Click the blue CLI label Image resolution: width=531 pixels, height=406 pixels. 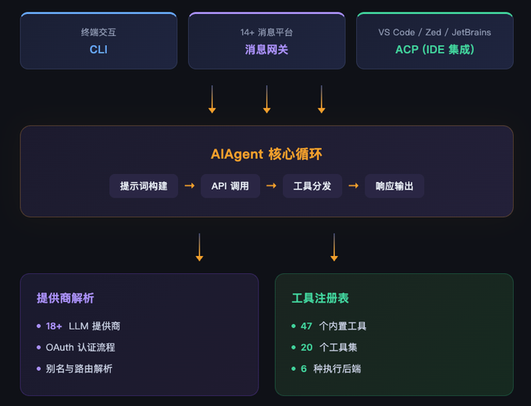click(x=98, y=49)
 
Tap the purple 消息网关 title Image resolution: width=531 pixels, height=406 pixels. click(x=266, y=49)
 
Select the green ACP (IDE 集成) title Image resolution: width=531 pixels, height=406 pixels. click(x=434, y=49)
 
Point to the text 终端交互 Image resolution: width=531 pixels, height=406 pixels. click(x=98, y=32)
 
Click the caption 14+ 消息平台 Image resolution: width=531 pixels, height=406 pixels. click(x=266, y=32)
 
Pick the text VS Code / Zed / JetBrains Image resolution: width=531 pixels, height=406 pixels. click(x=434, y=32)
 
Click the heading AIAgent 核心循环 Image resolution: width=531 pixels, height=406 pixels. click(x=266, y=154)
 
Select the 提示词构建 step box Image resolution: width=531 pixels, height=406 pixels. click(x=144, y=186)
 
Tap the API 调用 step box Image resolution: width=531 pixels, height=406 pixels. click(x=230, y=186)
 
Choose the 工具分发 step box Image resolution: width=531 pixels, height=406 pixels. click(x=312, y=186)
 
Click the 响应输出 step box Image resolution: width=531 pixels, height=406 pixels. click(x=394, y=186)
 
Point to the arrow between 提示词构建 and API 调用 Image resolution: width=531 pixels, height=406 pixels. click(x=189, y=186)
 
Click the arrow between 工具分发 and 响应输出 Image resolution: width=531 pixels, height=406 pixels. click(x=354, y=186)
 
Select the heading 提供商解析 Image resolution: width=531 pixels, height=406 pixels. click(x=66, y=298)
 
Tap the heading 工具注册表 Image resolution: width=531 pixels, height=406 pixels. click(x=320, y=298)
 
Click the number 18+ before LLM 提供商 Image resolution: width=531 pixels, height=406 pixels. click(x=54, y=326)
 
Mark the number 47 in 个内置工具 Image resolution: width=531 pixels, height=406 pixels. click(x=307, y=326)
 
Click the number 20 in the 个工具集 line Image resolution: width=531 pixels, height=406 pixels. click(x=307, y=347)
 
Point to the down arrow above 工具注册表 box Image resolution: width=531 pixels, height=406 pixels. click(x=334, y=247)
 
